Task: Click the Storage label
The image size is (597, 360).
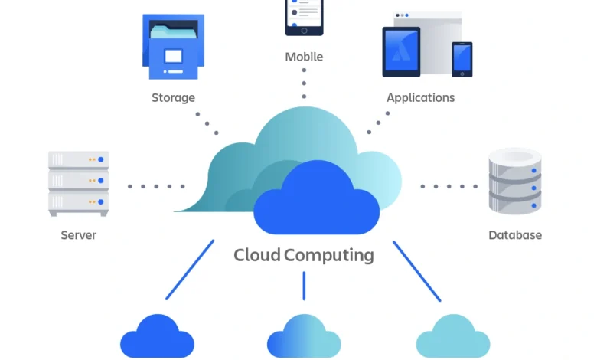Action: [173, 97]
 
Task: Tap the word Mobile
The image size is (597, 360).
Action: [304, 57]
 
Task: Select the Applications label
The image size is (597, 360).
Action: [420, 97]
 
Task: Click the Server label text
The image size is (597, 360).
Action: [79, 235]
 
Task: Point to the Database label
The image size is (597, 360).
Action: [515, 235]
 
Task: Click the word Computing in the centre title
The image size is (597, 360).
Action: [329, 255]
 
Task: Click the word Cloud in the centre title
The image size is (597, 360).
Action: [257, 255]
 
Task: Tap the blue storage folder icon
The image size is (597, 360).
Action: [173, 47]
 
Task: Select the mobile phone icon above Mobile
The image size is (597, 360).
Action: [304, 17]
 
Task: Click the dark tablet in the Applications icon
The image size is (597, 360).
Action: [401, 52]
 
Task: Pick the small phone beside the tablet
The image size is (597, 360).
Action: [462, 59]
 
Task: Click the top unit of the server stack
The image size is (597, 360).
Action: [78, 160]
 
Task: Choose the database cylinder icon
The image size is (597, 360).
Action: [515, 181]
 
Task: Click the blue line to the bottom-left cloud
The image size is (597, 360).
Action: [190, 270]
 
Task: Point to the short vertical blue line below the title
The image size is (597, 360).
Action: [304, 285]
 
